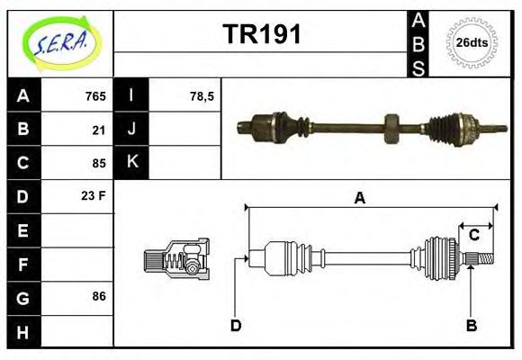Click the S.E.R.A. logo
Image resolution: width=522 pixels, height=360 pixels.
(x=59, y=40)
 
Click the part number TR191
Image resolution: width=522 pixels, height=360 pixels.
(x=262, y=35)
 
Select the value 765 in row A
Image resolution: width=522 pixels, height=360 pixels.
(x=95, y=96)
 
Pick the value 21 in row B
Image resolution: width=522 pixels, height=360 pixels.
(x=99, y=130)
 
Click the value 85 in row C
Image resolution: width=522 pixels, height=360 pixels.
(x=99, y=163)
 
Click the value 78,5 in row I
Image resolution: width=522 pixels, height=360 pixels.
(x=202, y=96)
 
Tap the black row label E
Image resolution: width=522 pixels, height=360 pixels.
(x=23, y=230)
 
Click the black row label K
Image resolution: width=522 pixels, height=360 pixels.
(x=132, y=162)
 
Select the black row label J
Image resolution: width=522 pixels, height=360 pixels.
(x=132, y=129)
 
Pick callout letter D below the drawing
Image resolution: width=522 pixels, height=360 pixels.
(x=236, y=325)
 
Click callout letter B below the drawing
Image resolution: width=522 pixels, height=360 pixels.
(x=471, y=325)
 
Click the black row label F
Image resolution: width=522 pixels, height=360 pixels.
(x=23, y=265)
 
